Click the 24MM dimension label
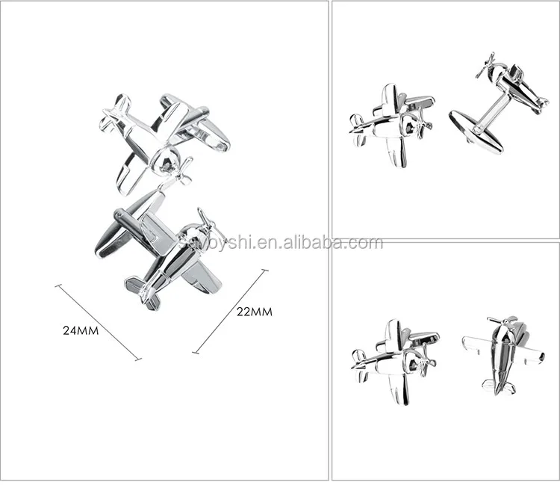tap(81, 330)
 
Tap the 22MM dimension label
tap(254, 312)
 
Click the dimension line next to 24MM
tap(97, 321)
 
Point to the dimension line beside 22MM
tap(230, 311)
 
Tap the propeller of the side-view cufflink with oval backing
tap(485, 67)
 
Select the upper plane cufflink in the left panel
tap(164, 135)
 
